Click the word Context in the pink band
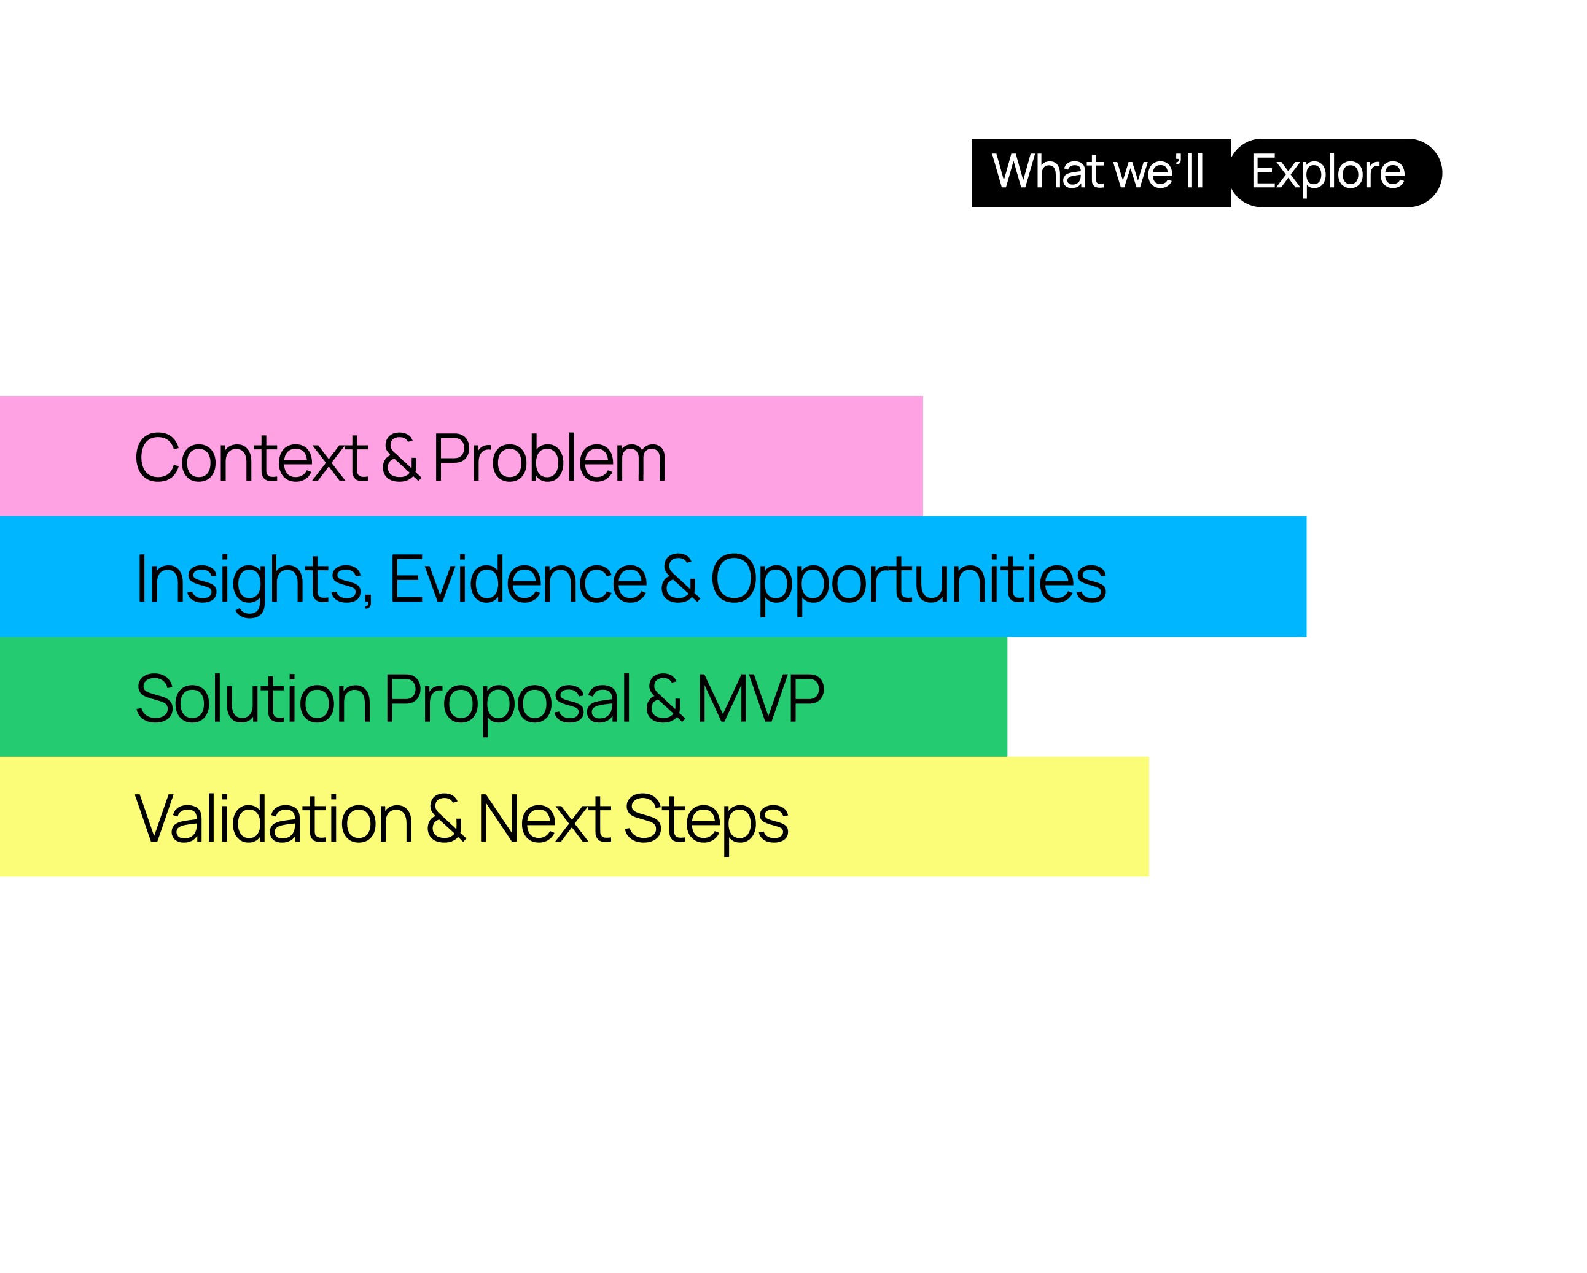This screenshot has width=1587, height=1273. pos(251,458)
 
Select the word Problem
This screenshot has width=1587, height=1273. pos(549,458)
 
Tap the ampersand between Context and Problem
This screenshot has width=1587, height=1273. pos(401,458)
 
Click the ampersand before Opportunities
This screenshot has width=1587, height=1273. pos(679,579)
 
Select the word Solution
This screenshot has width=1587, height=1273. pos(253,698)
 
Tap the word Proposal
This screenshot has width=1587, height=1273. pos(507,702)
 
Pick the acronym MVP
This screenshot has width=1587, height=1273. pos(760,698)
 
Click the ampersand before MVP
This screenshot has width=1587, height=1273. pos(665,698)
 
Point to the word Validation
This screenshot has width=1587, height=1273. pos(273,818)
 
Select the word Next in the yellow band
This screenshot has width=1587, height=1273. pos(544,819)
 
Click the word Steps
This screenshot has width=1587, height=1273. pos(706,822)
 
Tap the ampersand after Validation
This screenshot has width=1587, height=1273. pos(445,819)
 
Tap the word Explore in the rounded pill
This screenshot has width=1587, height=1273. pos(1327,174)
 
